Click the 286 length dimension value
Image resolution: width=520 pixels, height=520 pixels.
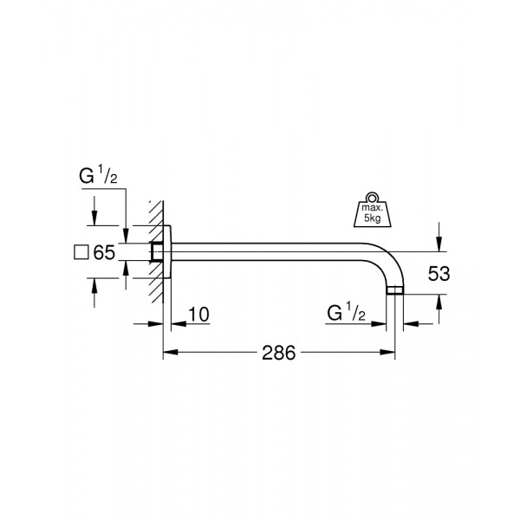278,353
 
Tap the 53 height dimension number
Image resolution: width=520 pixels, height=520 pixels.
439,274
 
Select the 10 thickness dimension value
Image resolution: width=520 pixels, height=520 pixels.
198,315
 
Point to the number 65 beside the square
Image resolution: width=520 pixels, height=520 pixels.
104,252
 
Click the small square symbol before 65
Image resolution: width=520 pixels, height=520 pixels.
81,252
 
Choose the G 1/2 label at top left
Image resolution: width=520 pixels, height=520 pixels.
98,175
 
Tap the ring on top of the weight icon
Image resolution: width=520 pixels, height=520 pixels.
372,198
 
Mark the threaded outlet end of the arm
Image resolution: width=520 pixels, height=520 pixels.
395,289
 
